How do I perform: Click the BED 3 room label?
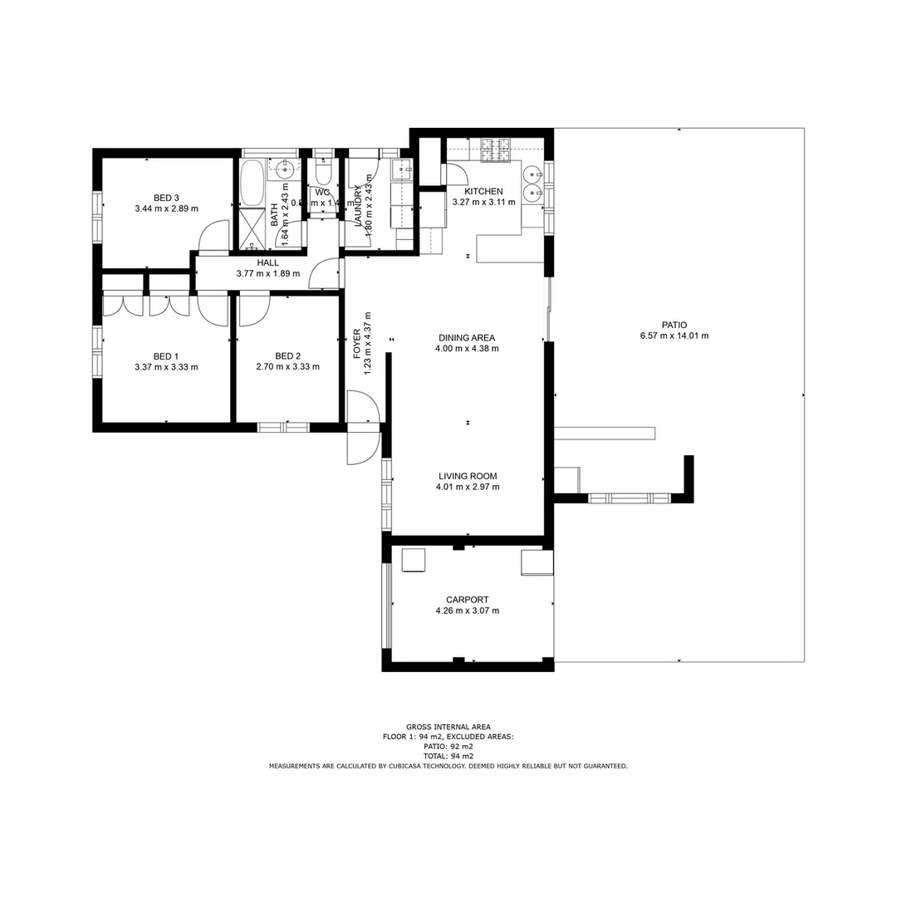pyautogui.click(x=166, y=198)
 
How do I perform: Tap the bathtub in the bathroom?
pyautogui.click(x=252, y=184)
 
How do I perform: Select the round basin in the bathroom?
pyautogui.click(x=285, y=172)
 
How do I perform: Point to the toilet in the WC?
pyautogui.click(x=324, y=174)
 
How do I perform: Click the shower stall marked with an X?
pyautogui.click(x=251, y=228)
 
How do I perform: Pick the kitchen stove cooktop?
pyautogui.click(x=497, y=149)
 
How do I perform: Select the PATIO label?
pyautogui.click(x=674, y=326)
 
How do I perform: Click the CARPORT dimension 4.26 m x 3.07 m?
pyautogui.click(x=467, y=610)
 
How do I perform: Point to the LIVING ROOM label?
pyautogui.click(x=468, y=476)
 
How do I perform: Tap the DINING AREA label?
pyautogui.click(x=467, y=338)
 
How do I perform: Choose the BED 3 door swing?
pyautogui.click(x=214, y=236)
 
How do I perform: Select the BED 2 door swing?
pyautogui.click(x=253, y=310)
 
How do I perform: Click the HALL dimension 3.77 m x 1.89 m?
pyautogui.click(x=267, y=272)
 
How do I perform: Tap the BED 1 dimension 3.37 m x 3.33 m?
pyautogui.click(x=166, y=366)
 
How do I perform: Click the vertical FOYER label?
pyautogui.click(x=357, y=344)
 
